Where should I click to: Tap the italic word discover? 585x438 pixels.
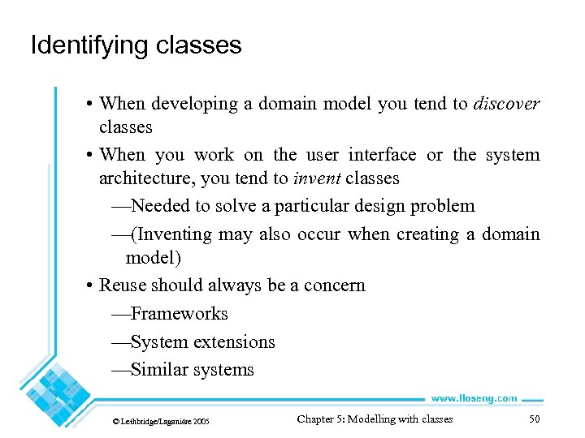click(506, 104)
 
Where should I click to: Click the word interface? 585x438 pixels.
click(382, 154)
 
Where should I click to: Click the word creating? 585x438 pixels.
click(420, 234)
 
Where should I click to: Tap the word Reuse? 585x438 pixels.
click(123, 286)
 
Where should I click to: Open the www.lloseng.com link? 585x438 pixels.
click(473, 398)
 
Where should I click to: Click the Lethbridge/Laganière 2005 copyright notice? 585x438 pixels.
click(161, 422)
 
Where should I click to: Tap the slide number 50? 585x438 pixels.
click(534, 419)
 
